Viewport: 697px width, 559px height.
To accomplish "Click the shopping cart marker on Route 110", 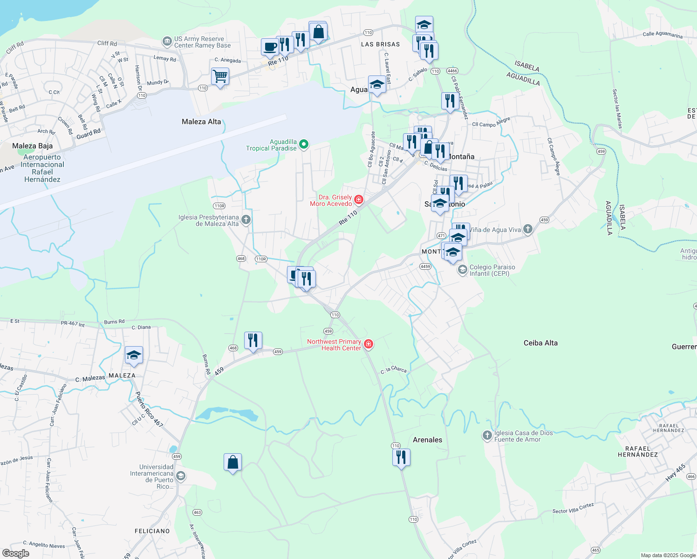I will click(220, 76).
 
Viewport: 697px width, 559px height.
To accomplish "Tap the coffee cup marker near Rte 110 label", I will click(270, 47).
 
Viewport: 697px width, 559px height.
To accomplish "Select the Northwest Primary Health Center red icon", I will click(369, 344).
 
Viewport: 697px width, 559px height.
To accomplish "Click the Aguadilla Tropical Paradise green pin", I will click(304, 144).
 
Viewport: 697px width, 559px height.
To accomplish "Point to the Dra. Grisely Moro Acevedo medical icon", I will click(359, 200).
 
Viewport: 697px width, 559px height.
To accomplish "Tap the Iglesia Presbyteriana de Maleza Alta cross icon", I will click(246, 220).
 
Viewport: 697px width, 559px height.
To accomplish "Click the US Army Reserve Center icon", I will click(167, 42).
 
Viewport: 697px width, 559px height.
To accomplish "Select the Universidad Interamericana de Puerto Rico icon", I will click(181, 476).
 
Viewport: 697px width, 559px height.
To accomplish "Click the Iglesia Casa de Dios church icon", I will click(487, 436).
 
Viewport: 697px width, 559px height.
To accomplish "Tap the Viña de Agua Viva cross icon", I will click(527, 229).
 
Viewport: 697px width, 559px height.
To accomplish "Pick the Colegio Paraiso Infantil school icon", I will click(462, 270).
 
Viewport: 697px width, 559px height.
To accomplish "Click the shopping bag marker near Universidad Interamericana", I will click(232, 462).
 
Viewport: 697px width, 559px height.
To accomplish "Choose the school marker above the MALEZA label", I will click(134, 355).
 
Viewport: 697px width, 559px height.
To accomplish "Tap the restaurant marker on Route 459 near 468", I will click(253, 341).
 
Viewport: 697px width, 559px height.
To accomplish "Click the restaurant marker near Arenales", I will click(401, 457).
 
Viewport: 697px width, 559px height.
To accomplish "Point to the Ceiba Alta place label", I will click(540, 343).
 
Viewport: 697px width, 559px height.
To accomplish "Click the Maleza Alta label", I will click(201, 122).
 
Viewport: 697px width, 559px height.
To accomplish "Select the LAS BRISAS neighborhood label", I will click(380, 44).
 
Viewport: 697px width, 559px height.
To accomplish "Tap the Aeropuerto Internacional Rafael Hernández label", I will click(42, 168).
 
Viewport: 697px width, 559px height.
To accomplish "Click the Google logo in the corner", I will click(16, 553).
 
